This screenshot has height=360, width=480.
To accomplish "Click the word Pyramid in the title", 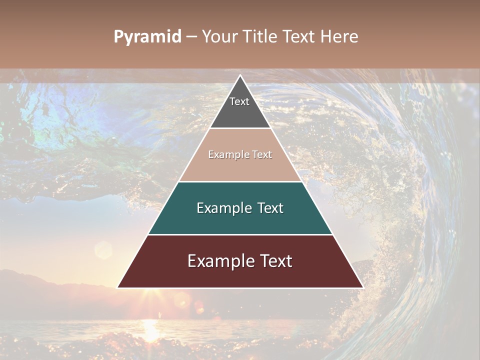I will click(x=147, y=37).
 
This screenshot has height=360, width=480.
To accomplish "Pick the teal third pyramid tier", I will click(x=240, y=220).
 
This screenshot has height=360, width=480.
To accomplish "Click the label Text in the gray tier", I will click(x=239, y=101).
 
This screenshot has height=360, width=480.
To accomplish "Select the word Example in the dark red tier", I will click(x=218, y=261).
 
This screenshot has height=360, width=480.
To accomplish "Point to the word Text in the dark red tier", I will click(x=274, y=261).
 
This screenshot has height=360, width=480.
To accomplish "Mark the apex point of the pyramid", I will click(x=240, y=75).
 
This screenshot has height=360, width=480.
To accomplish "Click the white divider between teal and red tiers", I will click(x=240, y=234).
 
